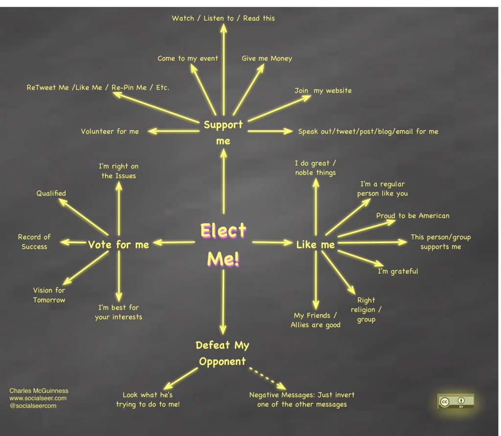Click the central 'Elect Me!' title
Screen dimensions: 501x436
point(223,245)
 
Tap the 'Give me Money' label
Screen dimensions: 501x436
point(267,59)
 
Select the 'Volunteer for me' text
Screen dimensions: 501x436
point(110,131)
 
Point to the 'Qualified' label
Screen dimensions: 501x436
point(51,193)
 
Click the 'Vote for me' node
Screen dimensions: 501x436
point(118,245)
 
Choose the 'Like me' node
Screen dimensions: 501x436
point(316,245)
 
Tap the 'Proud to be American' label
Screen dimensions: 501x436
point(412,216)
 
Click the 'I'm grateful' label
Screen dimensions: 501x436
point(398,272)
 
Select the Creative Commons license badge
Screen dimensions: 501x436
point(455,401)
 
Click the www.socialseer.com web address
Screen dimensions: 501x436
point(38,398)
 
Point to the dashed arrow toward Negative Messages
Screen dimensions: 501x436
point(268,378)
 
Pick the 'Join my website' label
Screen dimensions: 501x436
point(323,91)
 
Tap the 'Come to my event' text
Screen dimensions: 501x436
point(187,59)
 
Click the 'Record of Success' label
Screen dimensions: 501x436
point(34,242)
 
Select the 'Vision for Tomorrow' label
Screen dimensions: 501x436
point(49,295)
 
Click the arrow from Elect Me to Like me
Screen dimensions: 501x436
point(272,243)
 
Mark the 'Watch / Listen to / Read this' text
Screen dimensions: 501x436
point(223,18)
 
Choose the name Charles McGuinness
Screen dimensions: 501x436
point(39,390)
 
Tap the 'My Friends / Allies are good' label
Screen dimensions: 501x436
point(316,320)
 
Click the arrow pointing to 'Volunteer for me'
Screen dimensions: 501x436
point(174,131)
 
